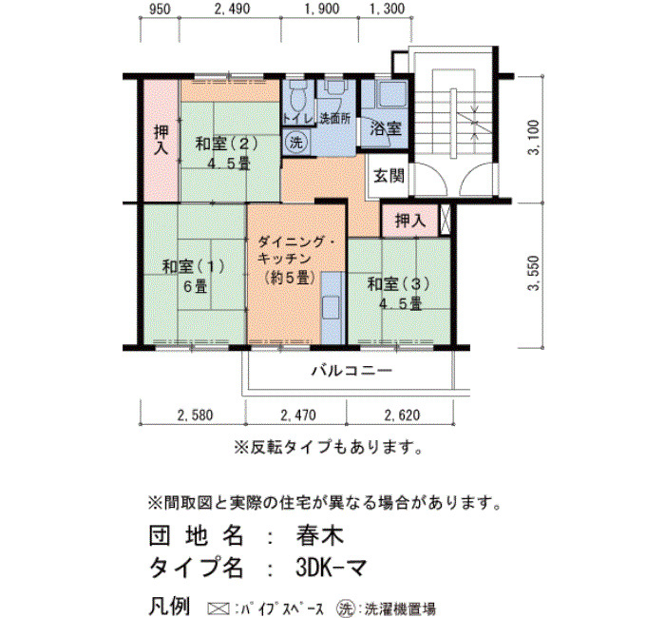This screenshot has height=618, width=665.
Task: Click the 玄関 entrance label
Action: [389, 175]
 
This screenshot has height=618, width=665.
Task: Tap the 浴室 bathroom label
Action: [386, 127]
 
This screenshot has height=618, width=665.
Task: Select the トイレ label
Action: [298, 119]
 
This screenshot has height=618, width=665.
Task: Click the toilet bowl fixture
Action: [298, 98]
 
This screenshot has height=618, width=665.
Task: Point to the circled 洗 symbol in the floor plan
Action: [295, 143]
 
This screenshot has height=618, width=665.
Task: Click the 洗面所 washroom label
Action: [335, 119]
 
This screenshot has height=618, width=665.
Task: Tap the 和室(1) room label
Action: [193, 266]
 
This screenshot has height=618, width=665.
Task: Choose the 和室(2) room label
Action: [226, 144]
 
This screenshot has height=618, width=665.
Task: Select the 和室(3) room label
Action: [398, 284]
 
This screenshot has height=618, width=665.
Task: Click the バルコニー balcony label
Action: [352, 371]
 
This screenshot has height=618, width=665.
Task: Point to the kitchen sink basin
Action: [331, 308]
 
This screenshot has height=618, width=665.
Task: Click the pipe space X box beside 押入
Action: [445, 220]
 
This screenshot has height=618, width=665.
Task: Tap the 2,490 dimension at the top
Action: [232, 9]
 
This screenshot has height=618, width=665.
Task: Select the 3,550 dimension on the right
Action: [534, 274]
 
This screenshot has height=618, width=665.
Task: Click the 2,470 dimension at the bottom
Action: [298, 415]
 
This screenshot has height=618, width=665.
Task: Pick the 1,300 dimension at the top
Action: [388, 9]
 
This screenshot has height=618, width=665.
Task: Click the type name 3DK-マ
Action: [331, 568]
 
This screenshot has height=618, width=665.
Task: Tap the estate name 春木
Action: [320, 535]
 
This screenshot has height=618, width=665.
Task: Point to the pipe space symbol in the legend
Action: [218, 608]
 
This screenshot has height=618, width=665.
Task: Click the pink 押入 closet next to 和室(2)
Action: [161, 141]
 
